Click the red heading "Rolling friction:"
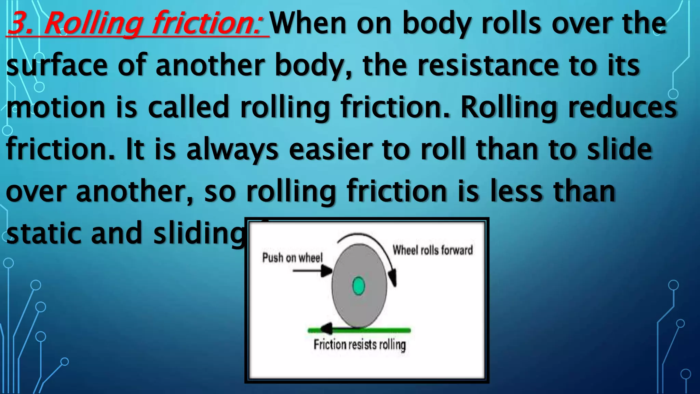tap(137, 23)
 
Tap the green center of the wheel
tap(359, 286)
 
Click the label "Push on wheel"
tap(292, 258)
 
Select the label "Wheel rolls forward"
tap(433, 250)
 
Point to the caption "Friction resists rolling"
tap(360, 344)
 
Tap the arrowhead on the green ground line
tap(326, 329)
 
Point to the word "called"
tap(188, 107)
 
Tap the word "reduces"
tap(622, 107)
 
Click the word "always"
tap(232, 149)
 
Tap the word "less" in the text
tap(516, 191)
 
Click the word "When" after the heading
tap(309, 23)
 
